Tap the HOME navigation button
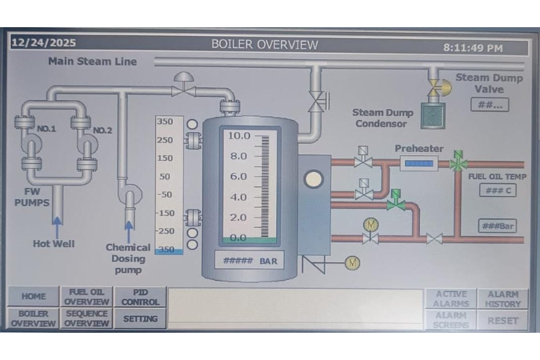point(33,297)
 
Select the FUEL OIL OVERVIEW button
point(86,297)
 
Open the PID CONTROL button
point(141,297)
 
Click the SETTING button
point(141,318)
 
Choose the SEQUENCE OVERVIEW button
point(86,318)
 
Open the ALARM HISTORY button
point(502,298)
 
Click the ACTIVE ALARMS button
point(450,298)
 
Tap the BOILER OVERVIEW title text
point(265,45)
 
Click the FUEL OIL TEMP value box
point(498,190)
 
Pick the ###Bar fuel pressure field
point(497,226)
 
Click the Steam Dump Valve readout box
point(487,105)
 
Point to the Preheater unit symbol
point(418,163)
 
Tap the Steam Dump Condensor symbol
point(433,116)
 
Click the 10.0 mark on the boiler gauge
point(239,136)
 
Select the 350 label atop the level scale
point(165,122)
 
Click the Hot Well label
point(54,243)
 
